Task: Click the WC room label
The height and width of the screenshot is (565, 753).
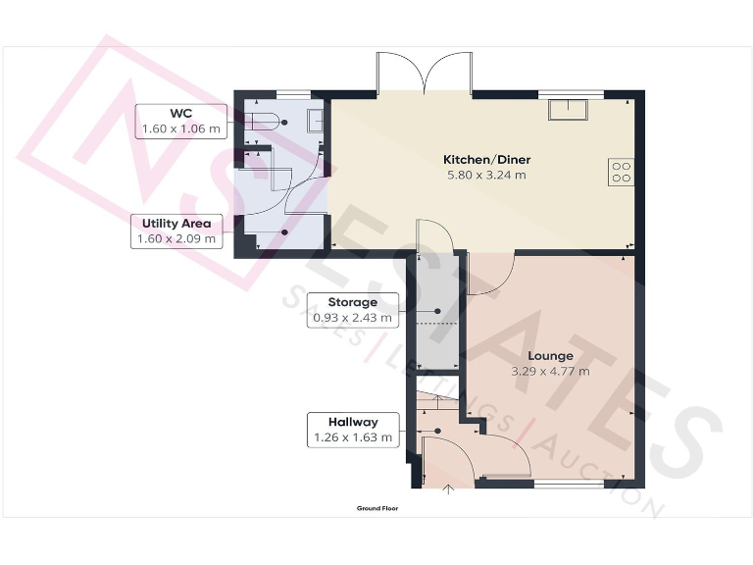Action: point(179,114)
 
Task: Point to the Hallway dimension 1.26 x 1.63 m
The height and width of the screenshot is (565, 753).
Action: point(352,437)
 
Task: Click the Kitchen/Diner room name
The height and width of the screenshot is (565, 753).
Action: point(485,159)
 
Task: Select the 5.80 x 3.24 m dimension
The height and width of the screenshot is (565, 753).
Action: point(485,176)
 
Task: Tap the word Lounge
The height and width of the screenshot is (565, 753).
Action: point(550,356)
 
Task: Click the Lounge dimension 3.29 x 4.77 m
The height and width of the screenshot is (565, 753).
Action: point(550,372)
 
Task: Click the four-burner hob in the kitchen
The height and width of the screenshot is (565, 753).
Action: point(621,172)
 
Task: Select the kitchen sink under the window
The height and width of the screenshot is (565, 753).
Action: point(568,110)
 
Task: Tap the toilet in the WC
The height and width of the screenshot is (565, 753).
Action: point(263,122)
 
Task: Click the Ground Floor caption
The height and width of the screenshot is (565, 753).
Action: point(377,509)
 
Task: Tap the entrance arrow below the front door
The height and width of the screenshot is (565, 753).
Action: point(450,489)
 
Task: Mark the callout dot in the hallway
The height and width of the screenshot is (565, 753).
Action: point(437,430)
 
